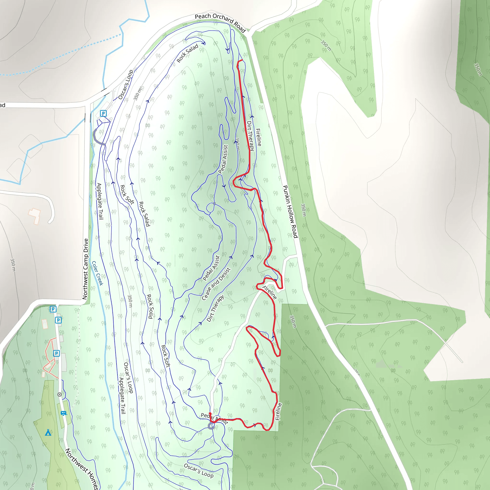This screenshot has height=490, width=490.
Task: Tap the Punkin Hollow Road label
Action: coord(290,212)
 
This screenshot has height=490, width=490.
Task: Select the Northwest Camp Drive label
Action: coord(85,269)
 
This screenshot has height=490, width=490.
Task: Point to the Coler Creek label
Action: coord(98,273)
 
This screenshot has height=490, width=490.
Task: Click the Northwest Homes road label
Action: coord(82,469)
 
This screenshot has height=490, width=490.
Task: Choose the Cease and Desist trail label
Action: coord(216,284)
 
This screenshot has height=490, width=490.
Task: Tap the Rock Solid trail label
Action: coord(150,306)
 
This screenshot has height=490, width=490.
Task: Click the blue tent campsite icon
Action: coord(48,433)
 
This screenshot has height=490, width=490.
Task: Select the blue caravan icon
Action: coord(63,413)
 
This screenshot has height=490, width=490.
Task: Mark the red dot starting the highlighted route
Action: coord(210,414)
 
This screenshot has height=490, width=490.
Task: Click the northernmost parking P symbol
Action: coord(103,113)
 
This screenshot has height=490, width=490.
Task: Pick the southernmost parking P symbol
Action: coord(56,353)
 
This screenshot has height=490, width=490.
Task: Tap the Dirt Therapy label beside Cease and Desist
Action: coord(215,308)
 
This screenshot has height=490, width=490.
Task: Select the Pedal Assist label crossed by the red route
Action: coord(215,418)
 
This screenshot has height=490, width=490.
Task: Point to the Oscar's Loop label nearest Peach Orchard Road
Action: coord(126,84)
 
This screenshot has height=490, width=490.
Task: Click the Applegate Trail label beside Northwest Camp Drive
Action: coord(100,201)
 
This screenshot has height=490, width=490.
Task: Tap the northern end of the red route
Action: coord(242,60)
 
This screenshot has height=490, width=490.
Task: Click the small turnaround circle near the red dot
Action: coord(211,426)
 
